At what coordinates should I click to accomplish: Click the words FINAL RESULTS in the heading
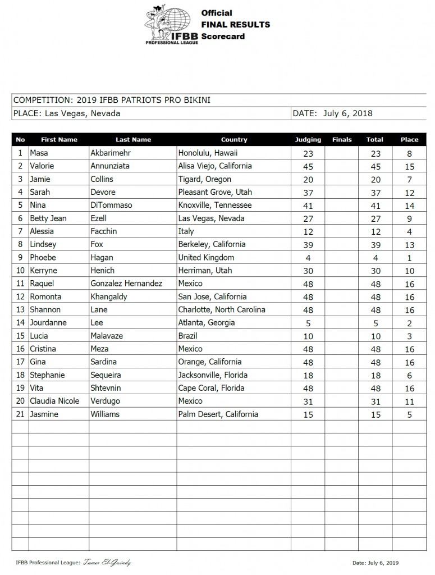235,25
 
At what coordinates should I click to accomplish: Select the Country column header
233,140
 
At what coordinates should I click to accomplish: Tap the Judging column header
308,140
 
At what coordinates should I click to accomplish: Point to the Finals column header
342,140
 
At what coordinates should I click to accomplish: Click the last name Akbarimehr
112,153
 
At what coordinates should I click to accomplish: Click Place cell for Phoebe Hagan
409,258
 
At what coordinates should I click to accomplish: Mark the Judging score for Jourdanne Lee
308,323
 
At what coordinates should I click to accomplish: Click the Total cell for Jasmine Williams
374,415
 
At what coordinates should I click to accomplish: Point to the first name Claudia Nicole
54,401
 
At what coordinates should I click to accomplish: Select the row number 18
20,375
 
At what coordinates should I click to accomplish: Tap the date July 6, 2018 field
347,113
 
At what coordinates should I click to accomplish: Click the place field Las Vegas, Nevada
66,113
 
